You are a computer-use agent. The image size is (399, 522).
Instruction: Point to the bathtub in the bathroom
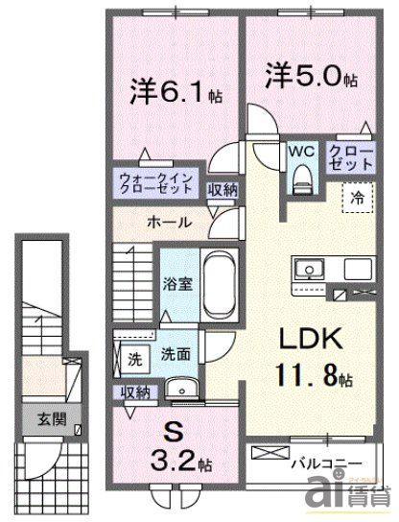220,282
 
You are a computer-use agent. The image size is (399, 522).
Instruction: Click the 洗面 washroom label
175,354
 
